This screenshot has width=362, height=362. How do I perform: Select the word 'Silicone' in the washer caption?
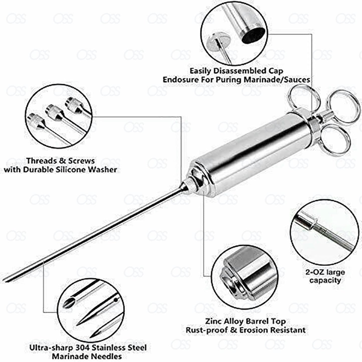[x=80, y=170]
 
